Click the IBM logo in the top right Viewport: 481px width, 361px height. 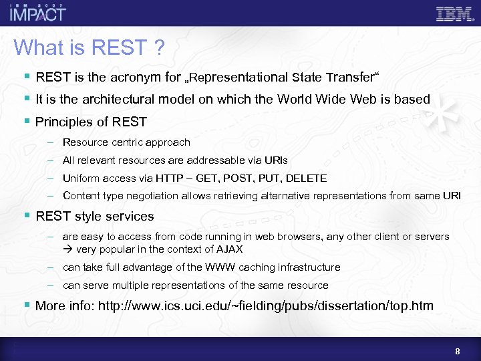click(454, 13)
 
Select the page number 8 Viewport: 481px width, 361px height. click(457, 352)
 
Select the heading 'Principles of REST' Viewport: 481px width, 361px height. click(91, 122)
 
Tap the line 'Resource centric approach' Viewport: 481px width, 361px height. click(126, 142)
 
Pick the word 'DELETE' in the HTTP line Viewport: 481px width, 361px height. click(308, 178)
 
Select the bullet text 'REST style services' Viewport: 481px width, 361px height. click(95, 217)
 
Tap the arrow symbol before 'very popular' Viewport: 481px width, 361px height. click(67, 249)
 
